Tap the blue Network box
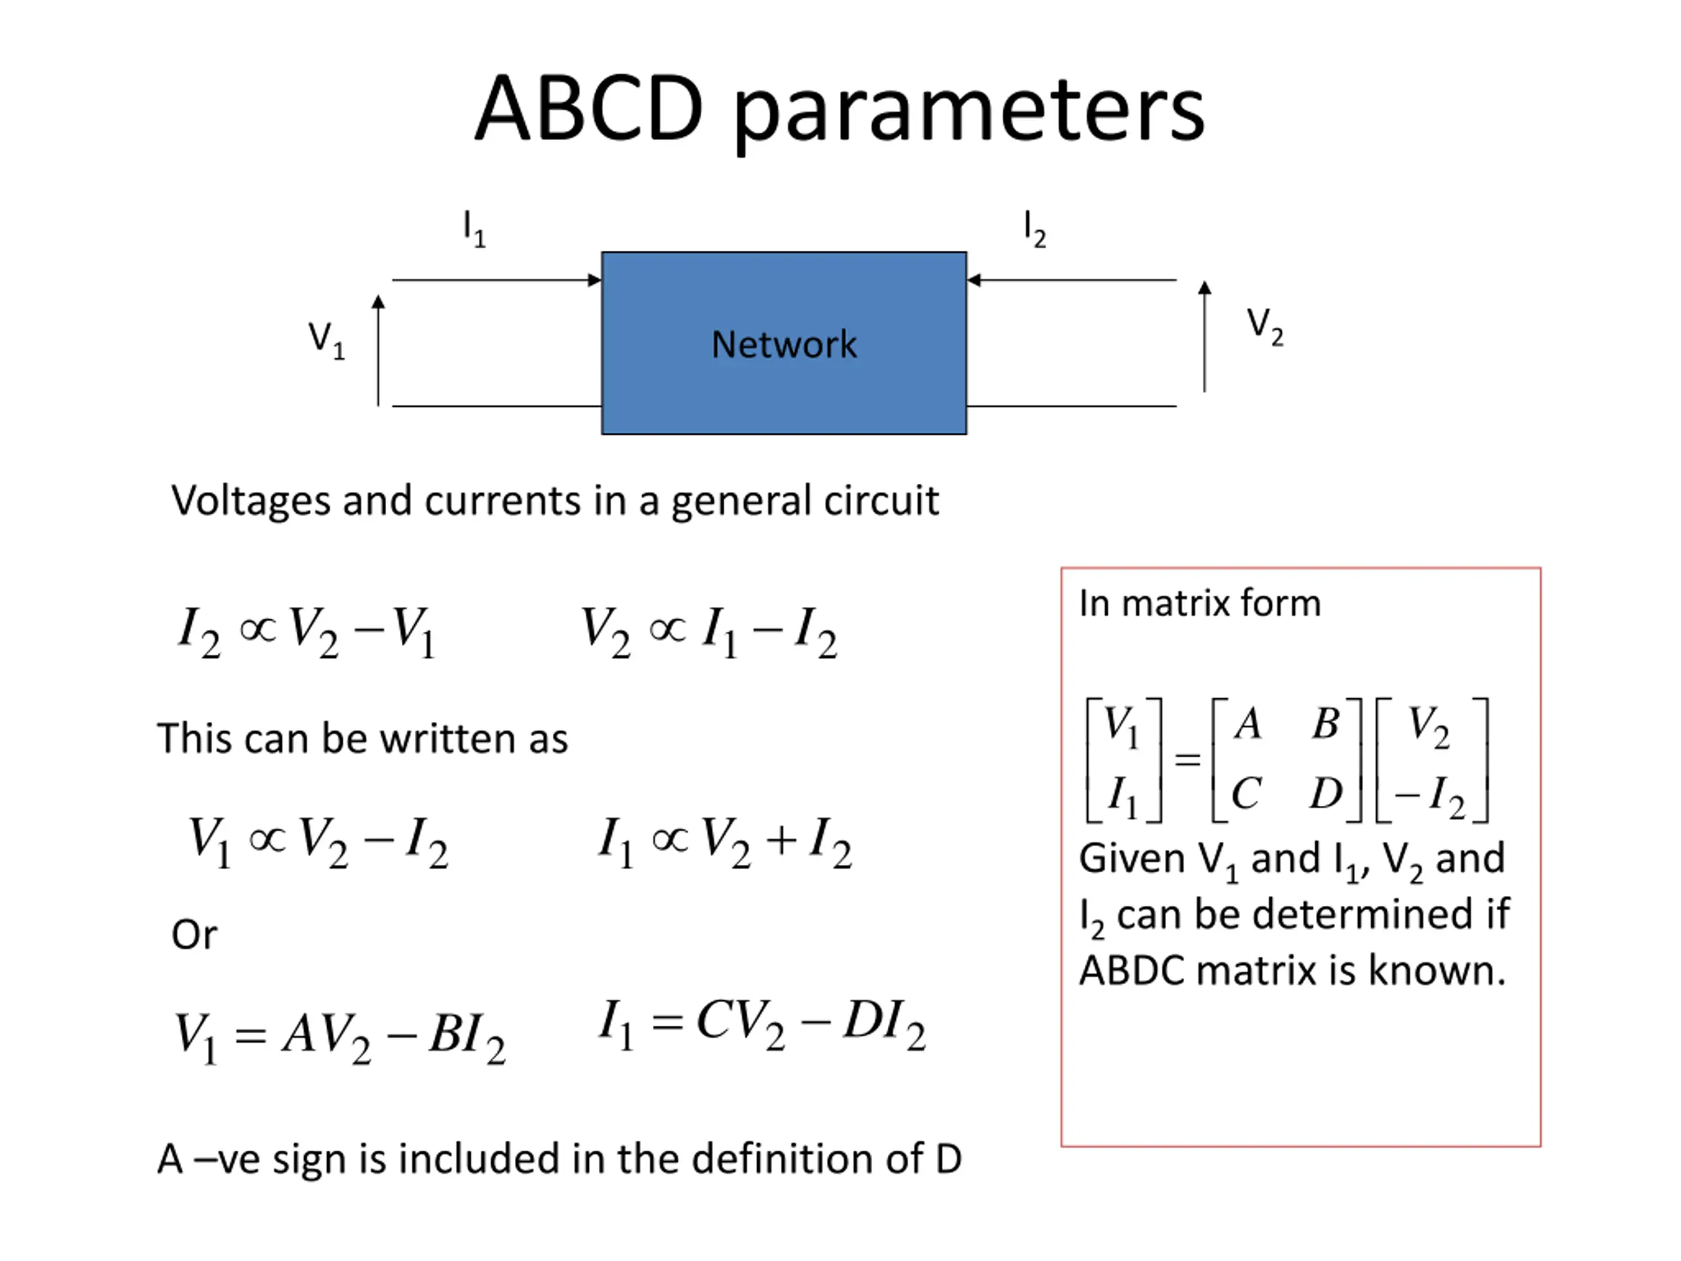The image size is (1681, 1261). [783, 343]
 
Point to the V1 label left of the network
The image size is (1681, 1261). [326, 339]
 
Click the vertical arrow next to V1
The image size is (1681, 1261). [378, 349]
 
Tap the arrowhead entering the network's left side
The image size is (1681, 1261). [594, 280]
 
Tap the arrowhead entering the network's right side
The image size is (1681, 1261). [974, 280]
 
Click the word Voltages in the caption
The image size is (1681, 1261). [251, 501]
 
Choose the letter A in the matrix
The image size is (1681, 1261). [1248, 723]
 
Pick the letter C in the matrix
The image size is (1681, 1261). [1246, 793]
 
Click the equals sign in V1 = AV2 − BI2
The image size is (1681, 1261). [251, 1035]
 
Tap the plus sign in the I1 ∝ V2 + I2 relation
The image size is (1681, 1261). [781, 839]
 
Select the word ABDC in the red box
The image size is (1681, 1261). [1131, 971]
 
